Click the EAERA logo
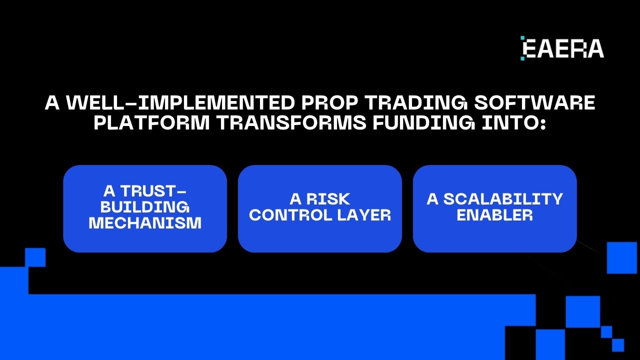pyautogui.click(x=562, y=48)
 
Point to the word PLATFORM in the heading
pyautogui.click(x=152, y=122)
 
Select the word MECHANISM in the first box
pyautogui.click(x=145, y=223)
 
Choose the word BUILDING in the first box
pyautogui.click(x=145, y=207)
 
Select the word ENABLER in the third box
pyautogui.click(x=495, y=215)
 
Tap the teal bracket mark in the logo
pyautogui.click(x=522, y=48)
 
